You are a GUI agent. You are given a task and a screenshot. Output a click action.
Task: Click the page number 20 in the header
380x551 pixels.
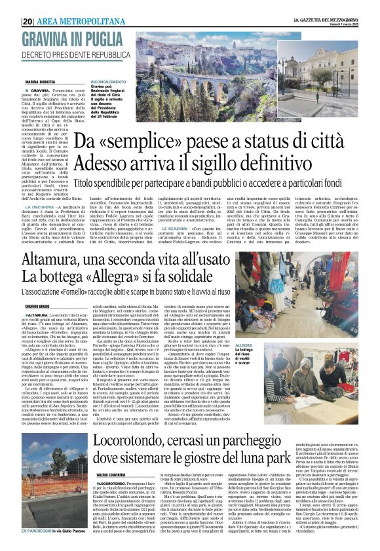coord(28,21)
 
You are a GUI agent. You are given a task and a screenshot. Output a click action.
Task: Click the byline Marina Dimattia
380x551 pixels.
coord(41,81)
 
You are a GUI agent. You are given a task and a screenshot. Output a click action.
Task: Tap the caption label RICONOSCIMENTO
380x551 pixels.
coord(108,82)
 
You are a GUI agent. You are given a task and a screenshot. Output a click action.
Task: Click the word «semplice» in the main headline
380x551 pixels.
coord(136,140)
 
